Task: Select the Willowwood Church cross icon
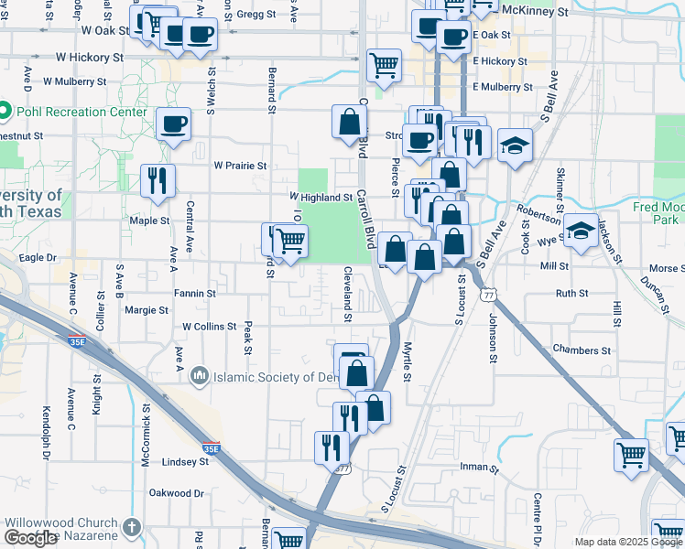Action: tap(132, 528)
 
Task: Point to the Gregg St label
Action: tap(256, 15)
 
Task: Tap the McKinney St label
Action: tap(549, 13)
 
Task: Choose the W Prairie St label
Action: tap(240, 167)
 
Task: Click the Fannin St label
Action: tap(194, 294)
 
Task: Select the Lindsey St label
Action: tap(185, 462)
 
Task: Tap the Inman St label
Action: tap(478, 468)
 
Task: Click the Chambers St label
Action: tap(582, 350)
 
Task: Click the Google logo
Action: tap(30, 538)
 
